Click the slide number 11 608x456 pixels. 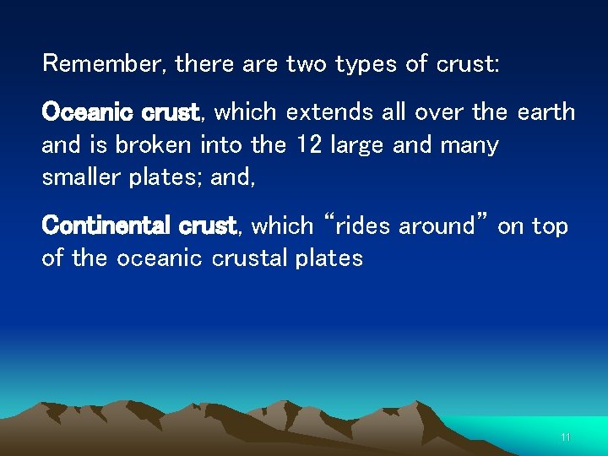point(566,437)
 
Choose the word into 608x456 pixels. point(223,145)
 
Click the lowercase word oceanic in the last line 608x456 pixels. point(157,258)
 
